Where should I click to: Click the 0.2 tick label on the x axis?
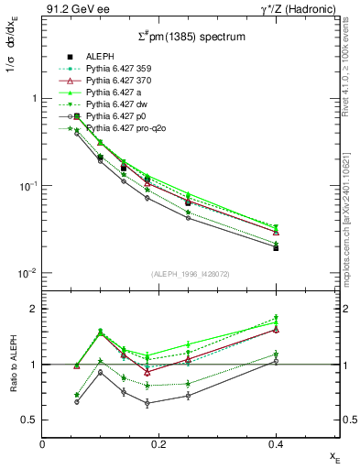158,444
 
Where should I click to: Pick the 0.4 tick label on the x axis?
275,444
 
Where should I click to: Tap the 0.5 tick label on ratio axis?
30,420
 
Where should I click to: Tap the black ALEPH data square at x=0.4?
276,247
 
